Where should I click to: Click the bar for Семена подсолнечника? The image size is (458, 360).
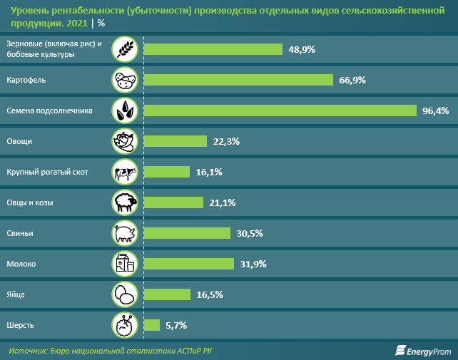click(280, 110)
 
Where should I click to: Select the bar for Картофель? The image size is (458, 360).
click(238, 80)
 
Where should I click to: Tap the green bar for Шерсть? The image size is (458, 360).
click(151, 325)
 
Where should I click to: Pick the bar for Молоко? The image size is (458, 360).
click(188, 264)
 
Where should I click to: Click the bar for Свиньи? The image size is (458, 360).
click(187, 233)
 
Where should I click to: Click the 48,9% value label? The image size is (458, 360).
click(301, 49)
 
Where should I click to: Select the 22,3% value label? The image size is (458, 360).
click(225, 141)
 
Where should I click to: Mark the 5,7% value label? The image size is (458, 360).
click(175, 325)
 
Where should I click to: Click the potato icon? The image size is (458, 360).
click(126, 80)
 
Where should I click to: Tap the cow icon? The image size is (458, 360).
click(126, 172)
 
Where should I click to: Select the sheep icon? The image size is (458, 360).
click(126, 202)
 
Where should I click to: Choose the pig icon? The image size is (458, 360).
click(126, 233)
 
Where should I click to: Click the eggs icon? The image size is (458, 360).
click(126, 294)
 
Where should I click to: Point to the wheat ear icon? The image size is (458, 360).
click(126, 49)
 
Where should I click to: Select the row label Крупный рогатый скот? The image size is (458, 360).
click(46, 172)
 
